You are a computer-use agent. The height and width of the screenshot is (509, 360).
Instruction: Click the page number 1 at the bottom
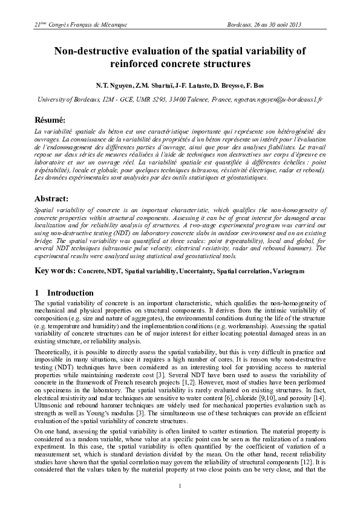pos(180,487)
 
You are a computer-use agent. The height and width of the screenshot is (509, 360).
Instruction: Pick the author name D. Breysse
pos(224,86)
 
